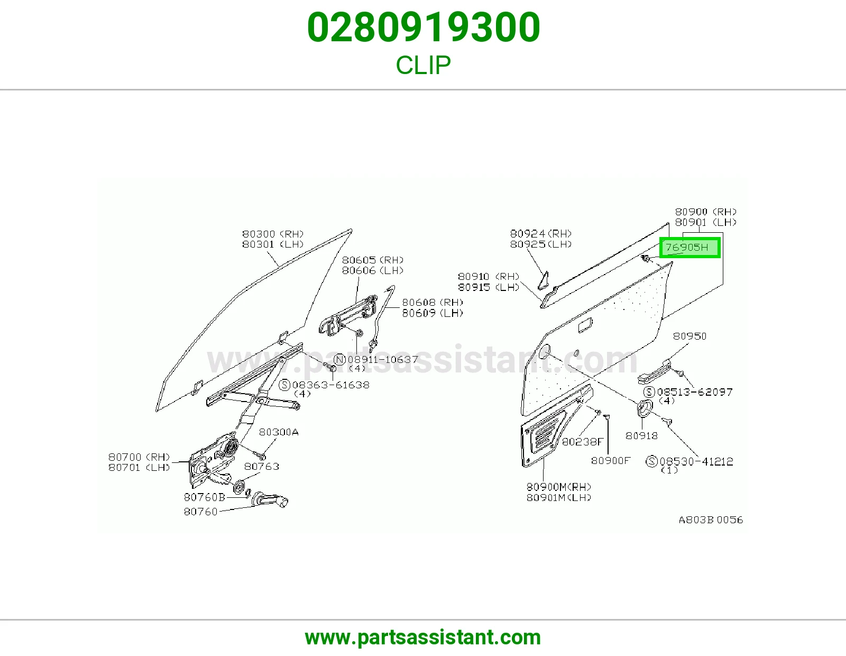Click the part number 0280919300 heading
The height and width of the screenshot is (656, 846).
coord(423,28)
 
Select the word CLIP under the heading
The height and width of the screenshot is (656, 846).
coord(423,65)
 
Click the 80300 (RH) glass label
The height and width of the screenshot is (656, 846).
coord(272,234)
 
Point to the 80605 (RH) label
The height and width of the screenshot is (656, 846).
coord(373,260)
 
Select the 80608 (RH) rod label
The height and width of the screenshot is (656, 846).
coord(433,302)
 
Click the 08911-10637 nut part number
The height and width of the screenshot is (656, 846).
coord(382,359)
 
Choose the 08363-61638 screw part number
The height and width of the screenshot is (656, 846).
coord(330,385)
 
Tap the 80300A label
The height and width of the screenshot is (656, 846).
coord(279,432)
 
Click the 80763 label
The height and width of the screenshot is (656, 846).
coord(262,466)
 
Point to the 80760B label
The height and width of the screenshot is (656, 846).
coord(205,497)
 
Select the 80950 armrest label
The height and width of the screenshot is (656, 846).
coord(689,336)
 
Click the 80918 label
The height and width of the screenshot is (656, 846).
coord(641,435)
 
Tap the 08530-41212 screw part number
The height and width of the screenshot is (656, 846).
coord(696,462)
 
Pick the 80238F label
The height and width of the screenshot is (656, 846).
coord(583,441)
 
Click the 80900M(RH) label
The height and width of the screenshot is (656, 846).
coord(559,487)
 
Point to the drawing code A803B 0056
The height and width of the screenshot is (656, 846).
coord(711,520)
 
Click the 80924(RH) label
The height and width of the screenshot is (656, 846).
coord(541,233)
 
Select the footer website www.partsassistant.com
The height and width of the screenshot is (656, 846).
coord(423,637)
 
